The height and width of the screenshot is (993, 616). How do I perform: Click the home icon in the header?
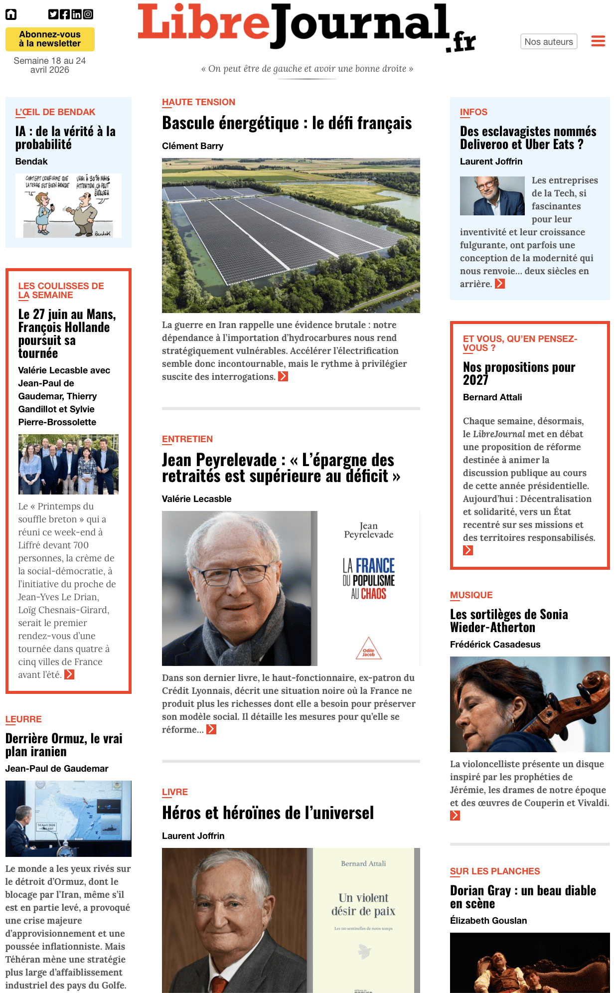click(11, 14)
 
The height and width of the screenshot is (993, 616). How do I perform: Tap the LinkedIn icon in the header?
click(76, 14)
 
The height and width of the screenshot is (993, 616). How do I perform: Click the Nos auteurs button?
click(548, 42)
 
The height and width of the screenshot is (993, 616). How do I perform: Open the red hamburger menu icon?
click(598, 41)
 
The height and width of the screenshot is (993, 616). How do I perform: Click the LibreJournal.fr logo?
click(306, 27)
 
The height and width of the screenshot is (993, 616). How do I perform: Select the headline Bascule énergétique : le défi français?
click(287, 123)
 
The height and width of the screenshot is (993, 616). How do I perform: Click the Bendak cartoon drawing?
click(68, 205)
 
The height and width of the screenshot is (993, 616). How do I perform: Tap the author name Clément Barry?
click(192, 146)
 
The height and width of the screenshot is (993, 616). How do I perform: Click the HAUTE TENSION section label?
click(198, 102)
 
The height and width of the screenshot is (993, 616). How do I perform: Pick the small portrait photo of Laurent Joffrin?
click(492, 196)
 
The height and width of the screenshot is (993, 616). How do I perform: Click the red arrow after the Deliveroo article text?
click(500, 284)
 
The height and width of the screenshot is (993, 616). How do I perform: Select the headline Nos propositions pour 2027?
click(519, 373)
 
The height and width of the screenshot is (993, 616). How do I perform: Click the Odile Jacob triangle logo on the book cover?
click(368, 649)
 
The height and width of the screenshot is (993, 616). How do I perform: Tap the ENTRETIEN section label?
click(187, 439)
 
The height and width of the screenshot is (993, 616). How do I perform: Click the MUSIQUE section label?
click(471, 595)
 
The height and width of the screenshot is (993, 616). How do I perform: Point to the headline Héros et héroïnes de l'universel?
click(268, 813)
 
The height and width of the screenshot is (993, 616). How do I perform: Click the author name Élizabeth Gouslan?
click(488, 921)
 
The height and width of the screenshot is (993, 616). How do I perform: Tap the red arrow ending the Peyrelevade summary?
click(211, 729)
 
